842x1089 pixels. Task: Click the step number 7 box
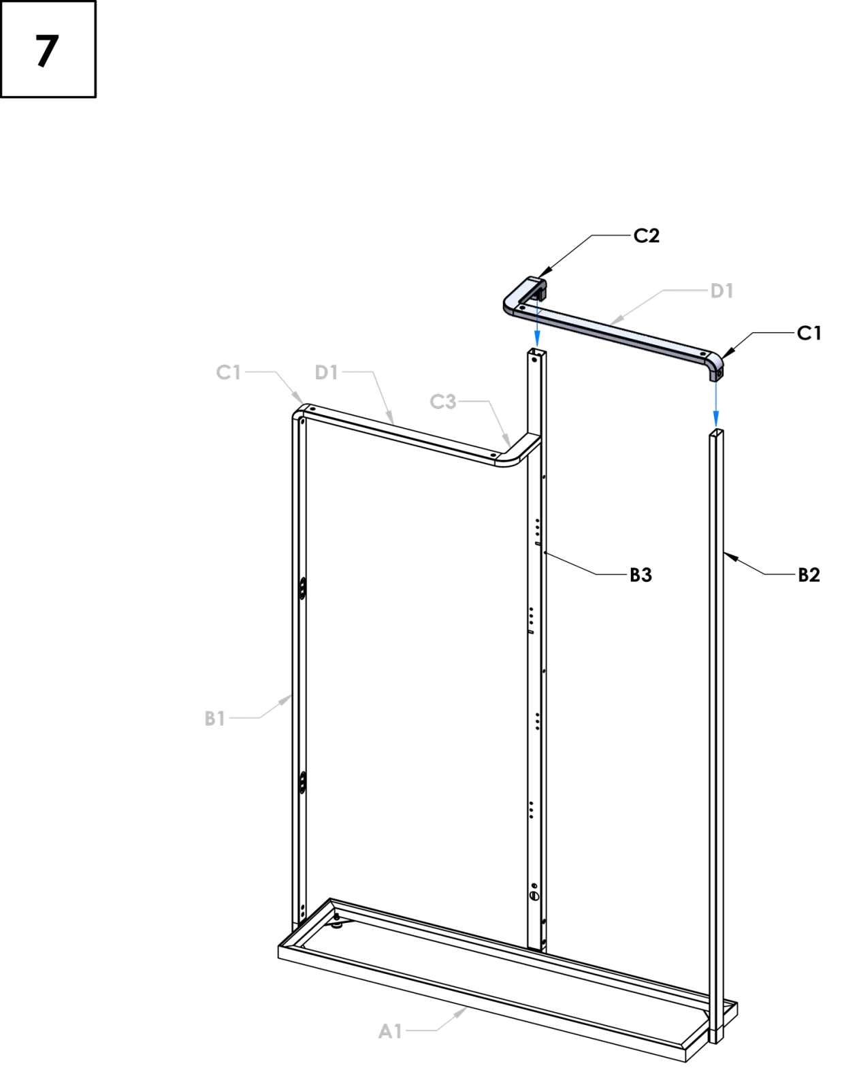pyautogui.click(x=48, y=49)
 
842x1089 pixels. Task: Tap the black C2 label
pyautogui.click(x=646, y=235)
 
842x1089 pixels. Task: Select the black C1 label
pyautogui.click(x=809, y=334)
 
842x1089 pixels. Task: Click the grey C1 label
pyautogui.click(x=229, y=372)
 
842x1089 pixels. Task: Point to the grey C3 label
pyautogui.click(x=443, y=402)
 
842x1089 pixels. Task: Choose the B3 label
pyautogui.click(x=641, y=575)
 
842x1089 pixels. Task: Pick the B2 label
pyautogui.click(x=809, y=575)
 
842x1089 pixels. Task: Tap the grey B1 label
pyautogui.click(x=214, y=718)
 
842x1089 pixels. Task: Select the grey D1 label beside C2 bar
pyautogui.click(x=722, y=291)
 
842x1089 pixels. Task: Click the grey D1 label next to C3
pyautogui.click(x=326, y=372)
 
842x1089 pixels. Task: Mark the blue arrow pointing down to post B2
pyautogui.click(x=715, y=404)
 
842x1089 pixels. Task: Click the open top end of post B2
pyautogui.click(x=716, y=433)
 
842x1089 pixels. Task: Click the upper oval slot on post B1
pyautogui.click(x=303, y=588)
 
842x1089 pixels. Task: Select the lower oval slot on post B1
pyautogui.click(x=303, y=782)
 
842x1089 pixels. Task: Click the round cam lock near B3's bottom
pyautogui.click(x=534, y=895)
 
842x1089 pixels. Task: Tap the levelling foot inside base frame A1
pyautogui.click(x=336, y=921)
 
